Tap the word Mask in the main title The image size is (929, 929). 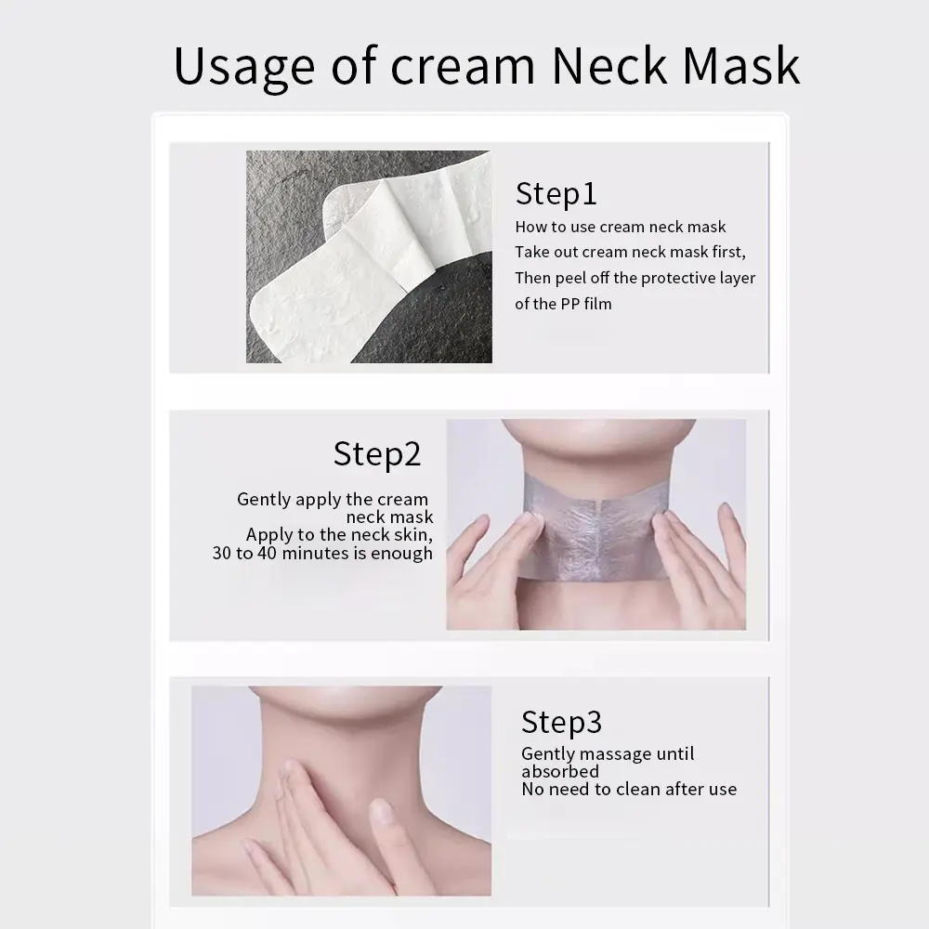click(740, 65)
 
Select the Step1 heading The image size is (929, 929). click(556, 194)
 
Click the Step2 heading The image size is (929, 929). click(377, 455)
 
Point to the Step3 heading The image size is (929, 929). click(562, 723)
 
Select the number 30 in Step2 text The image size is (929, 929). click(222, 553)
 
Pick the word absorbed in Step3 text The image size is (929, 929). click(560, 771)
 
